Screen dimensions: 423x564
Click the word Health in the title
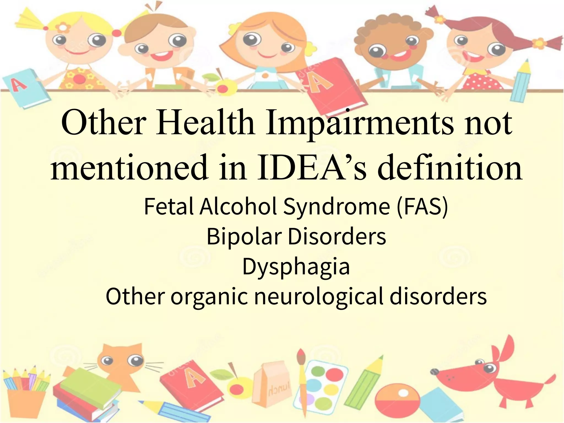205,122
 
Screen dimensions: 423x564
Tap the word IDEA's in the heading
311,167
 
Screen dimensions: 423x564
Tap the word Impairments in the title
359,123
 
